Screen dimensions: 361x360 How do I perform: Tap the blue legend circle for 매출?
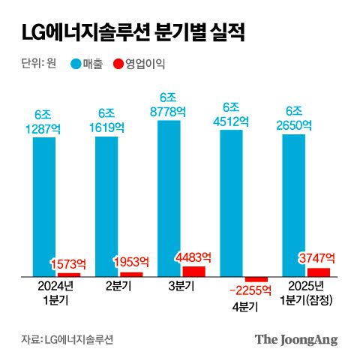(x=76, y=64)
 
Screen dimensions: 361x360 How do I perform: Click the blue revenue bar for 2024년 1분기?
(x=44, y=206)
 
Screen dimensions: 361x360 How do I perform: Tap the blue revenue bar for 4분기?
(x=231, y=203)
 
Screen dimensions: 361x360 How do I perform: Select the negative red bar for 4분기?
(x=256, y=279)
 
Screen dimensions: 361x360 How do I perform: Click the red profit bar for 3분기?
(x=193, y=271)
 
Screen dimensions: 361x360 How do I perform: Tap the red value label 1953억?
(x=131, y=262)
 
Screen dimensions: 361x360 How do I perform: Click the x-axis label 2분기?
(x=118, y=286)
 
